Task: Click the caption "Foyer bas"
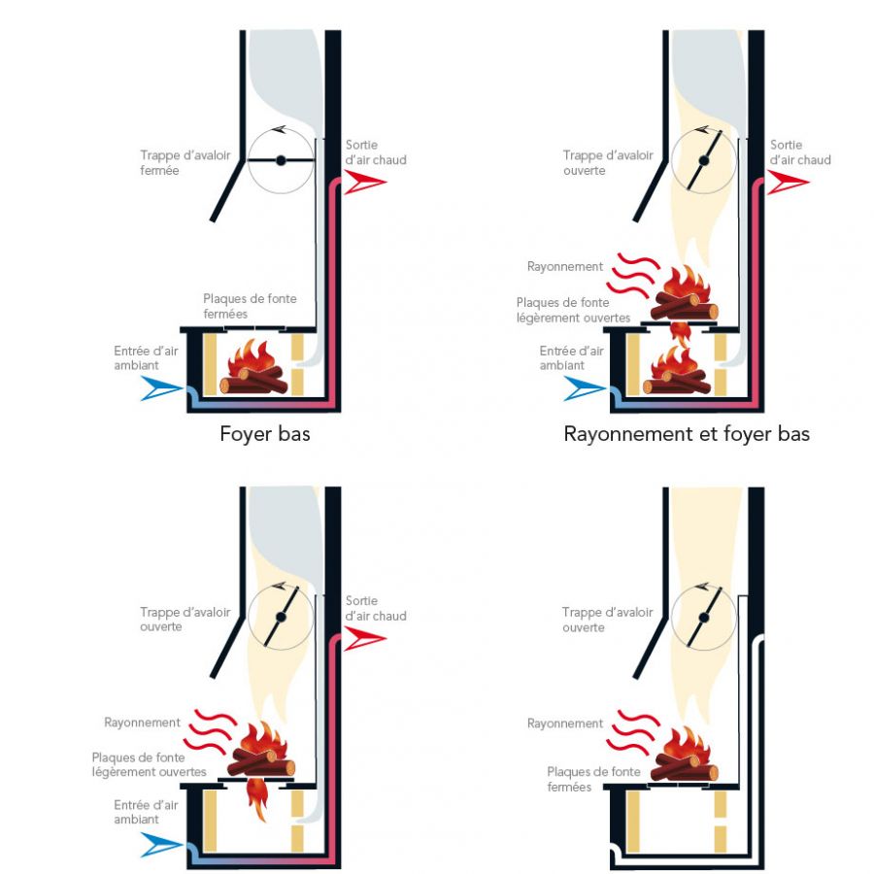pos(265,434)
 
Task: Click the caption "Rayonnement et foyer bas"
pos(687,434)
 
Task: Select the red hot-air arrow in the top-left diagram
pos(365,182)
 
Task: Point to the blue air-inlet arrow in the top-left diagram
pos(161,389)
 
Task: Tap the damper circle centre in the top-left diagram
pos(280,160)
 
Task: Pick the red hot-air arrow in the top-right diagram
pos(788,182)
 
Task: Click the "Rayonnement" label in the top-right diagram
pos(564,266)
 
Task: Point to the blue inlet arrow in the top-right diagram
pos(586,389)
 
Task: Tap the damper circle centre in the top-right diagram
pos(703,160)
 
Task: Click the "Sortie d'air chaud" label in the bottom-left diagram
pos(376,609)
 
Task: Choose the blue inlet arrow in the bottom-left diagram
pos(161,846)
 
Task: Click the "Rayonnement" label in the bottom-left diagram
pos(142,723)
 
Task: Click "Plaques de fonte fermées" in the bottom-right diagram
pos(582,779)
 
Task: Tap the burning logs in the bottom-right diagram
pos(684,754)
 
